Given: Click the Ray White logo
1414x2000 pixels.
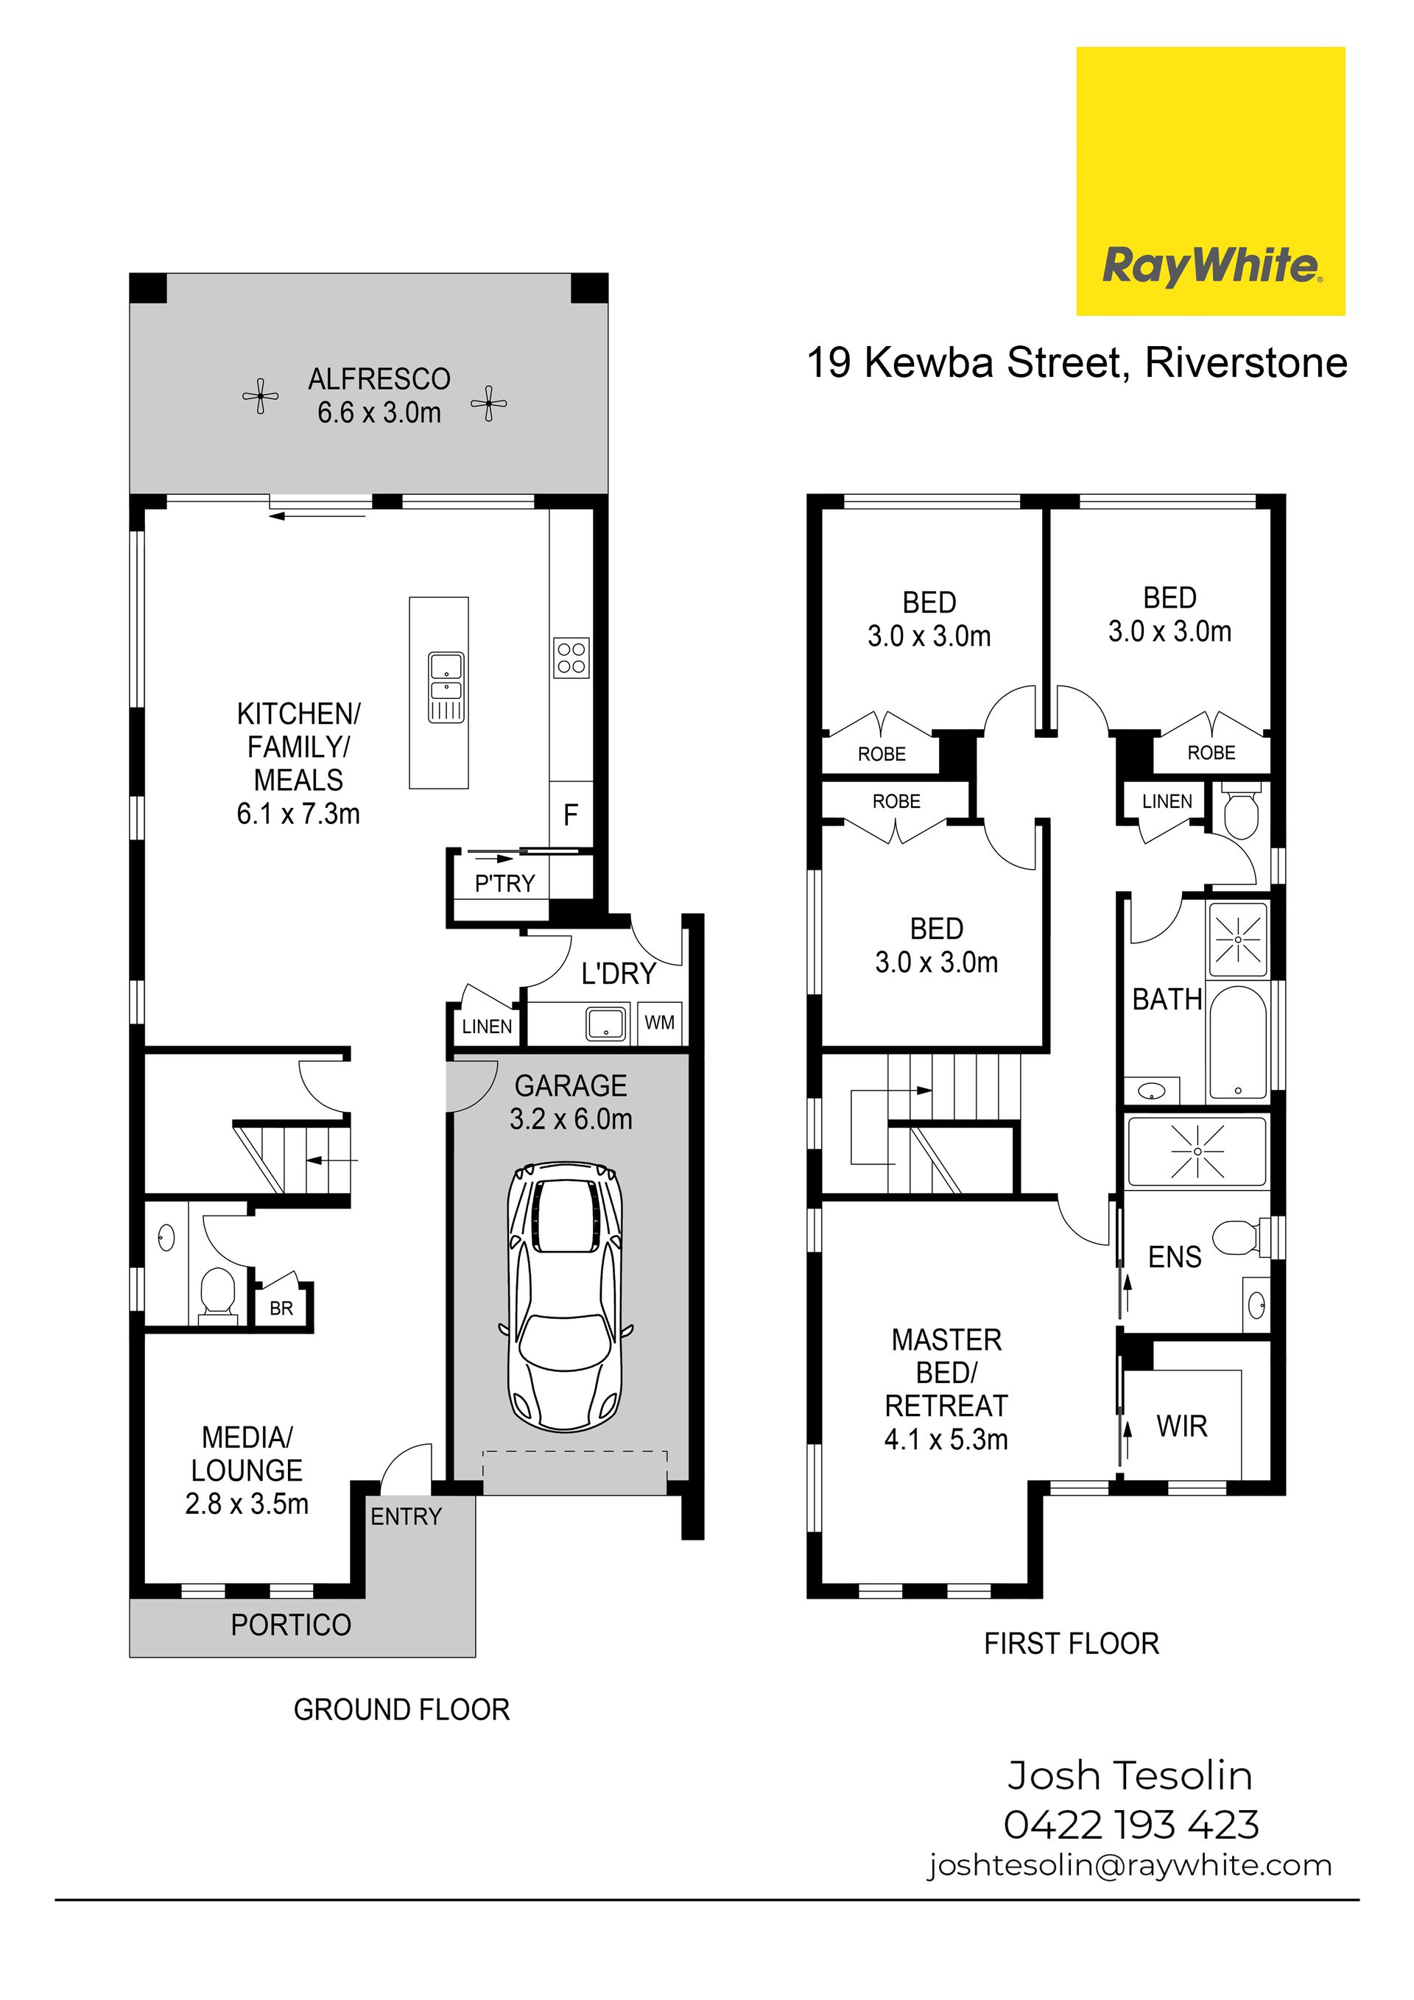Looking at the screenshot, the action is coord(1210,181).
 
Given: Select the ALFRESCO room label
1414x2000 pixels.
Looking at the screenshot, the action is coord(379,380).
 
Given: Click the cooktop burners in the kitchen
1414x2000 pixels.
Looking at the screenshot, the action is coord(571,658).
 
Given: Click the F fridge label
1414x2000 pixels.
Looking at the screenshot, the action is coord(571,815).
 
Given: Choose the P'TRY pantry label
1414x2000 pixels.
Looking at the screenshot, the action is coord(504,883).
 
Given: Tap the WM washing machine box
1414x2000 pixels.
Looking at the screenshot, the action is coord(660,1023).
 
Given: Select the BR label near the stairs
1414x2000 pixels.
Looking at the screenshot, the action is coord(281,1309).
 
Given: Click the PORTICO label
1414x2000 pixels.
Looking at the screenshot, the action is coord(291,1624).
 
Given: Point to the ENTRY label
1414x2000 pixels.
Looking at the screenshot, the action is coord(406,1516).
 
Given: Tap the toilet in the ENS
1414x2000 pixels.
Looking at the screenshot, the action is coord(1243,1238).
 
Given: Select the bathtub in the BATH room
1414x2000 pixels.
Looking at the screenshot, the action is coord(1238,1042).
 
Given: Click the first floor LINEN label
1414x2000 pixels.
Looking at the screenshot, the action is coord(1167,801).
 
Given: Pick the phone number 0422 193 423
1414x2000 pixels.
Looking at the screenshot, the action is coord(1132,1825).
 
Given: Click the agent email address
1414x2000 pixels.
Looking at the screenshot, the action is coord(1130,1866).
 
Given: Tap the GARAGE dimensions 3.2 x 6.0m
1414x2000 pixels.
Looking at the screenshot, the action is coord(571,1119).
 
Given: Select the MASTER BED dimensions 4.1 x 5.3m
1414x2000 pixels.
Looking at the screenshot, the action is coord(946,1440).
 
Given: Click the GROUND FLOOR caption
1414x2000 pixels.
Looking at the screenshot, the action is coord(401,1710).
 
